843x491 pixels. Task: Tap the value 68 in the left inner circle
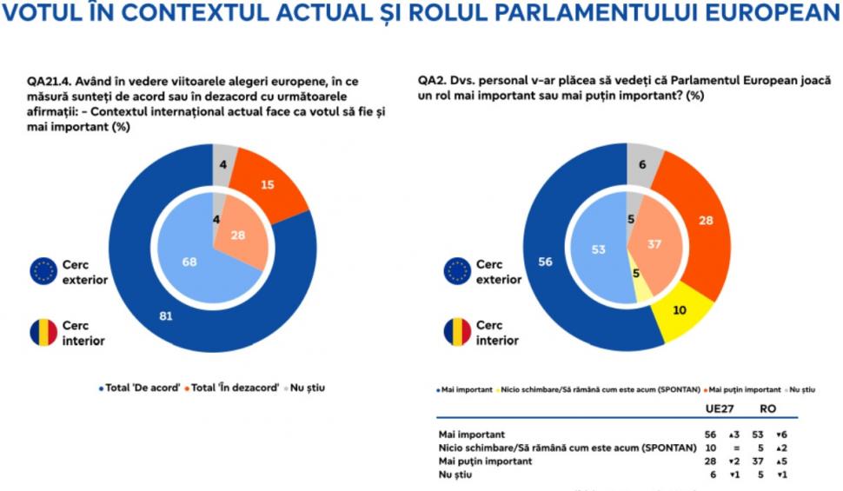tap(189, 261)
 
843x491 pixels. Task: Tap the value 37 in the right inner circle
tap(654, 244)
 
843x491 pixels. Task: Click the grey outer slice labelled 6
tap(641, 164)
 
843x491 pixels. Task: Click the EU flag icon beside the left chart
tap(43, 270)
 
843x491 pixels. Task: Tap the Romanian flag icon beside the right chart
tap(457, 333)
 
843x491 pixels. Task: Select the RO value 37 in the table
tap(764, 462)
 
